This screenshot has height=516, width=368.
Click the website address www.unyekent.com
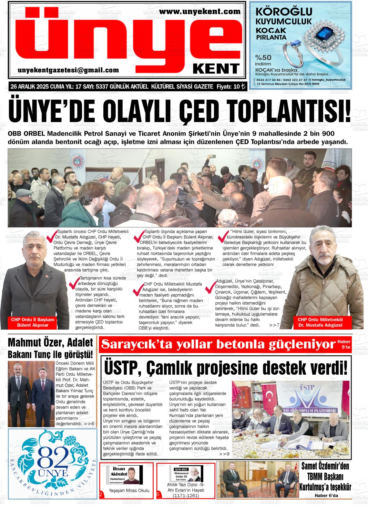tap(200, 12)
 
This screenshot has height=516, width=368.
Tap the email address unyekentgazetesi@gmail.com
tap(68, 70)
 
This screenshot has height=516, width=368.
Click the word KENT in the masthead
tap(216, 68)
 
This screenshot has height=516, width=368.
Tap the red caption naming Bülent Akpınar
tap(33, 322)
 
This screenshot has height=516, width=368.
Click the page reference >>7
tap(274, 325)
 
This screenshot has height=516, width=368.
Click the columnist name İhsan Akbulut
tap(119, 471)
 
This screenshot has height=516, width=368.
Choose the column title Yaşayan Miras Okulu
tap(129, 491)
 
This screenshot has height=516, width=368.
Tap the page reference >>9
tap(224, 454)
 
